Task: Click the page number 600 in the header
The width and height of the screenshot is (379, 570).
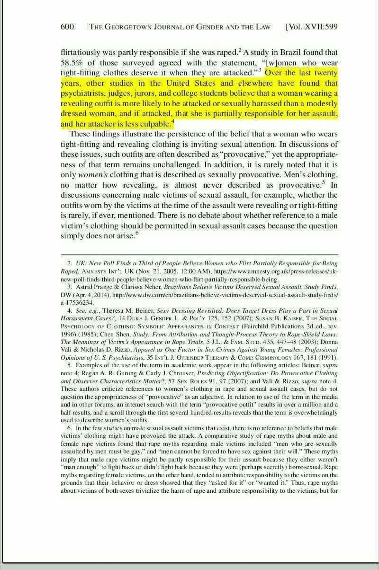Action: tap(68, 27)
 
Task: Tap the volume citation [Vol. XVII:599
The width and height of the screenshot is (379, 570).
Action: tap(312, 27)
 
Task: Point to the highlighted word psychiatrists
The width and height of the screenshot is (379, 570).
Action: tap(86, 93)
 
